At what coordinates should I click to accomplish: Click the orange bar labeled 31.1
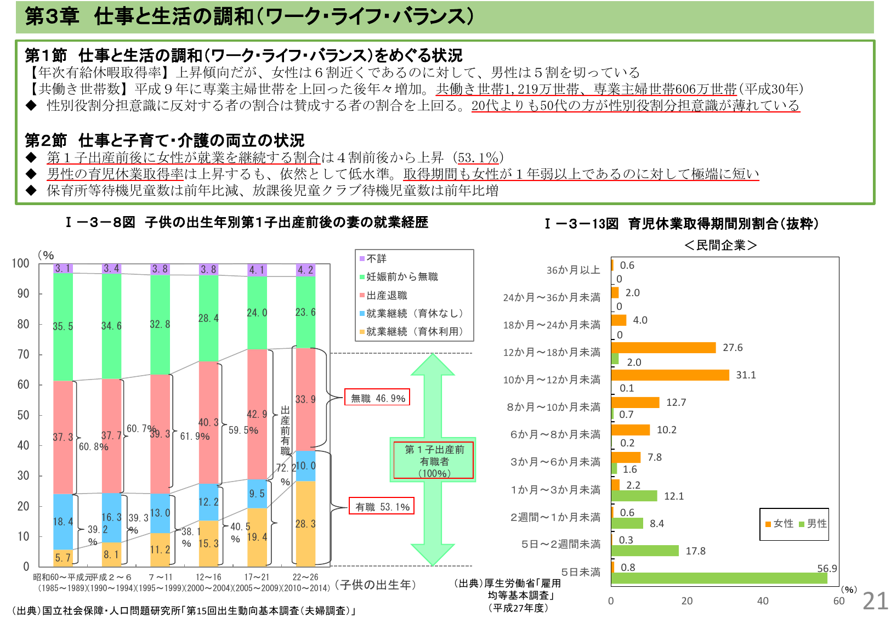pyautogui.click(x=670, y=375)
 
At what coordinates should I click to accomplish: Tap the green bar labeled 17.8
pyautogui.click(x=645, y=551)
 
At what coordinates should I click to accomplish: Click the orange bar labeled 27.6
pyautogui.click(x=663, y=348)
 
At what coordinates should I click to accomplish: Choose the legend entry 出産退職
pyautogui.click(x=383, y=296)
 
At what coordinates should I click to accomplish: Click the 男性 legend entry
pyautogui.click(x=813, y=524)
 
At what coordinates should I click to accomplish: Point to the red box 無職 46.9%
pyautogui.click(x=377, y=398)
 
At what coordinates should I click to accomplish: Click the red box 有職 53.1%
pyautogui.click(x=382, y=507)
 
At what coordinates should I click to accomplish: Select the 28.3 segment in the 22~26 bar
pyautogui.click(x=305, y=524)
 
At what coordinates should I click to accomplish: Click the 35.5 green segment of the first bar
pyautogui.click(x=63, y=326)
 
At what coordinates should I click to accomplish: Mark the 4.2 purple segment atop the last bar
pyautogui.click(x=305, y=270)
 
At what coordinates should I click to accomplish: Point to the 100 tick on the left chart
pyautogui.click(x=21, y=263)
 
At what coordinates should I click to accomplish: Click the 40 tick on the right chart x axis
pyautogui.click(x=763, y=601)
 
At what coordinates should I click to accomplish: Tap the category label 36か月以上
pyautogui.click(x=573, y=270)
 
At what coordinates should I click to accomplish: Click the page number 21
pyautogui.click(x=875, y=601)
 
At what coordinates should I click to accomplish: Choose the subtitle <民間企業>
pyautogui.click(x=720, y=245)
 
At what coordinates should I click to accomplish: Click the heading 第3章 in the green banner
pyautogui.click(x=52, y=16)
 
